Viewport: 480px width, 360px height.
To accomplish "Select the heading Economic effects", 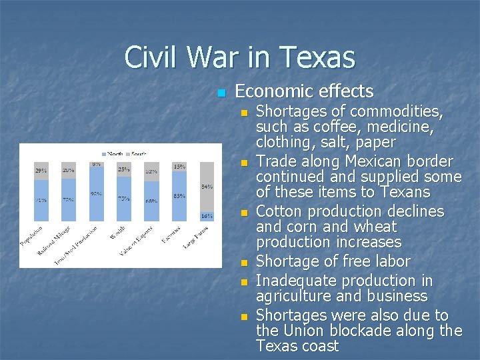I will pos(305,91).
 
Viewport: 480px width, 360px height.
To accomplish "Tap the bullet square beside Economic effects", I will pos(222,93).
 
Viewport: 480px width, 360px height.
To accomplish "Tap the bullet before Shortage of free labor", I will pos(245,263).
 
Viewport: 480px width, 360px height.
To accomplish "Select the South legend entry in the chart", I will pos(135,154).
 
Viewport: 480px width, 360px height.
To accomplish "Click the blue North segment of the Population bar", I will pos(41,201).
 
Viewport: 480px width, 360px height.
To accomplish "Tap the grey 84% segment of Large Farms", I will pos(207,187).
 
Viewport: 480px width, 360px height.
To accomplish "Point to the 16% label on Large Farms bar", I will pos(207,216).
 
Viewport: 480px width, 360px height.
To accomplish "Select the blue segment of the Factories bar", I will pos(179,197).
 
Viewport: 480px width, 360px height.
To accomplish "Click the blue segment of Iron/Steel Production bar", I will pos(97,195).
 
